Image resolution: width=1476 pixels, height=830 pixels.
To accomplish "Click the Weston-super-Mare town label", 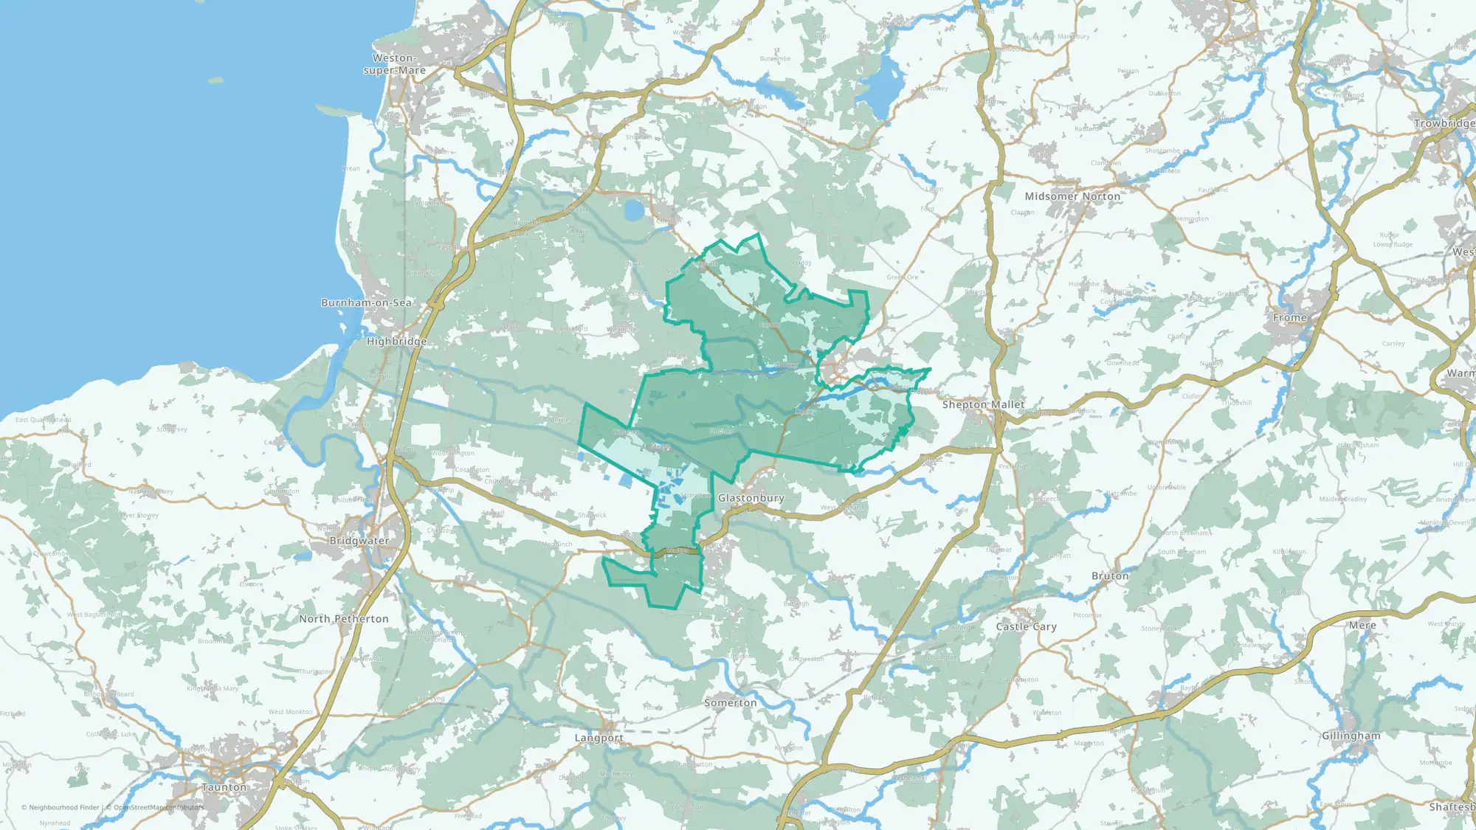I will point(395,64).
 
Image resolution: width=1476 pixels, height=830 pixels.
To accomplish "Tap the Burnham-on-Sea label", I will point(366,302).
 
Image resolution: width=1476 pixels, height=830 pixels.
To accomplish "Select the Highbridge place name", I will point(396,342).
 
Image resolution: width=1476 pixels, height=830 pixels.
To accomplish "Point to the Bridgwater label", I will point(359,541).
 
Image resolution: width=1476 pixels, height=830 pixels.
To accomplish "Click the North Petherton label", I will point(343,619).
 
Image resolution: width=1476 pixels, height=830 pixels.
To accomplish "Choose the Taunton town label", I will point(224,787).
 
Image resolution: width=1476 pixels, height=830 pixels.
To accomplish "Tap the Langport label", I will point(599,738).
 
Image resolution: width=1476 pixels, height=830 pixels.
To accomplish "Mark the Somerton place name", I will point(730,703).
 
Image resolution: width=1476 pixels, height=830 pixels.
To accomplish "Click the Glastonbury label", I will point(751,498).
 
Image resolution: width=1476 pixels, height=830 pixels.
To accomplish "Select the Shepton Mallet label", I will point(983,404).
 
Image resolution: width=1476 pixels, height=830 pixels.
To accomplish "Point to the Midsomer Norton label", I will point(1072,196).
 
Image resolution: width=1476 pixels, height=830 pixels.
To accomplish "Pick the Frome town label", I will point(1289,317).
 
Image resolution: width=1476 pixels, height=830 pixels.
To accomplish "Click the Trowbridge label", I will point(1444,123).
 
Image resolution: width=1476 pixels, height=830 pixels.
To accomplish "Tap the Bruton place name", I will point(1110,575).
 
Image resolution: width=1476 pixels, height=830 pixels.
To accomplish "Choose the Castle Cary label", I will point(1026,626).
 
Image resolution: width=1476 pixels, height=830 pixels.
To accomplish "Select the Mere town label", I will point(1362,625).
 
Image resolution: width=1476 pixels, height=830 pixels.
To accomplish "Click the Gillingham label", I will point(1351,736).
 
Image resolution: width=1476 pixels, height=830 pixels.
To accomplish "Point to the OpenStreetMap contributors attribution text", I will point(159,807).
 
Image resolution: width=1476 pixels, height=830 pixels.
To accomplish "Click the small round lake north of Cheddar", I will point(634,210).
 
